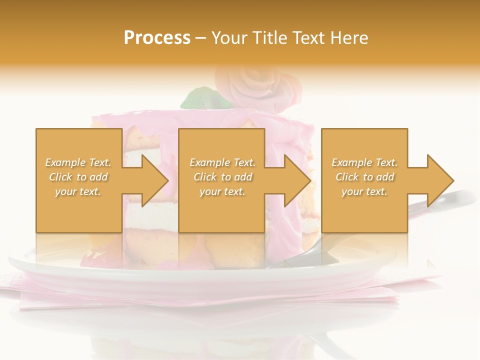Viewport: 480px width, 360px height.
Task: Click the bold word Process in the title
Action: click(x=157, y=38)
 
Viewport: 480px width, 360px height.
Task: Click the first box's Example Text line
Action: click(x=78, y=162)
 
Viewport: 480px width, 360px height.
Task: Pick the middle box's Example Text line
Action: click(x=222, y=162)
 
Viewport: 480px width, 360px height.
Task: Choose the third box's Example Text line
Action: click(x=364, y=162)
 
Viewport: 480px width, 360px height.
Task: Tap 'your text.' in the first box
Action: click(x=78, y=191)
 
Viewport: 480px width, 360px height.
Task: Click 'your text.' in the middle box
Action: click(x=222, y=191)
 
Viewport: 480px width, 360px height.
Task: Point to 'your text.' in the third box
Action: click(x=364, y=191)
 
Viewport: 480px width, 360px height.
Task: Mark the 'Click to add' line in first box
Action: click(x=78, y=177)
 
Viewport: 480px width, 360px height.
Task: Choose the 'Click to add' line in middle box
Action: click(x=222, y=177)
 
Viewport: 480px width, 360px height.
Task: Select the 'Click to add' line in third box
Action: click(x=364, y=177)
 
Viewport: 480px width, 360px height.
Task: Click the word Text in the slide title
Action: click(x=307, y=38)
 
